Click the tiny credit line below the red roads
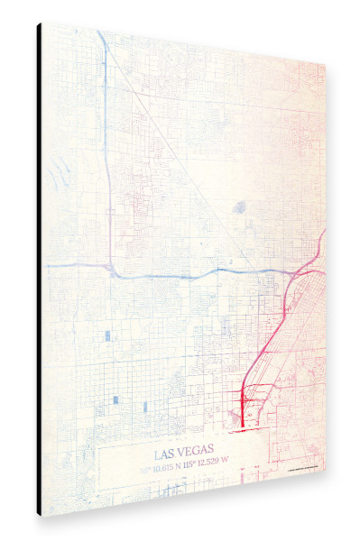coord(303,469)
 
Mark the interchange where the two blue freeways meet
coord(109,268)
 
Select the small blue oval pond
coord(239,207)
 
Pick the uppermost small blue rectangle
coord(107,335)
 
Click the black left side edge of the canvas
coord(40,270)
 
